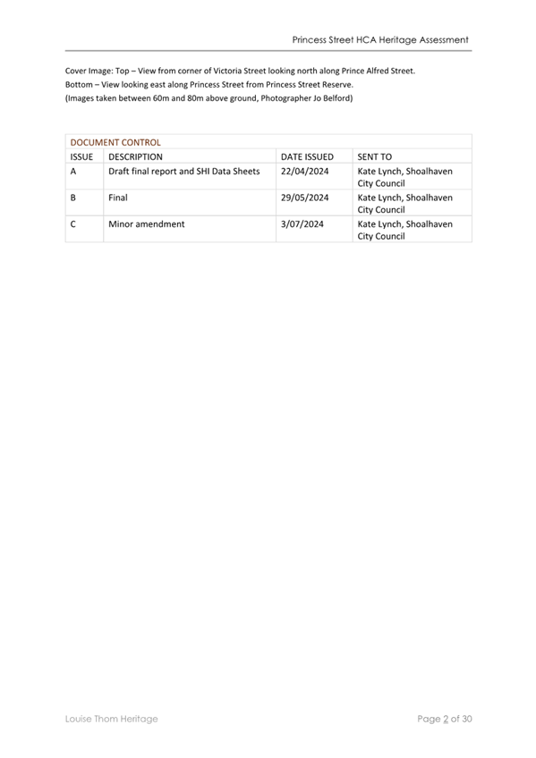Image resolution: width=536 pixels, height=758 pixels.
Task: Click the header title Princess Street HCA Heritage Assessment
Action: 380,40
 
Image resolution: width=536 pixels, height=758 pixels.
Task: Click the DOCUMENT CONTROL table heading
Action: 115,142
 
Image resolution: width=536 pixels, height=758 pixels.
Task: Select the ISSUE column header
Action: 81,156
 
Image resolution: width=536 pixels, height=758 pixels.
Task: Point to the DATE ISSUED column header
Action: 307,156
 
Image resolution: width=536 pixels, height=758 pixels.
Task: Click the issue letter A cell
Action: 72,171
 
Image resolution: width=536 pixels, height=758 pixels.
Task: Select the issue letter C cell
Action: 72,224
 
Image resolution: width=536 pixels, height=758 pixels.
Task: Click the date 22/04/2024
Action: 305,171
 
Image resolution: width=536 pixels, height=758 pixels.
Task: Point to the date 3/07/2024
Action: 302,224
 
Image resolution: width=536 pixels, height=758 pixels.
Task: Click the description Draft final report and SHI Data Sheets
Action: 184,171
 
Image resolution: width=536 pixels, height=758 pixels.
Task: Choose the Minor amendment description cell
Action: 146,224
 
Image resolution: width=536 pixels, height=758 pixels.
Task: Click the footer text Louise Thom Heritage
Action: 112,718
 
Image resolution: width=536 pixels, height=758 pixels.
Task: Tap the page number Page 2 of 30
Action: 444,718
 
